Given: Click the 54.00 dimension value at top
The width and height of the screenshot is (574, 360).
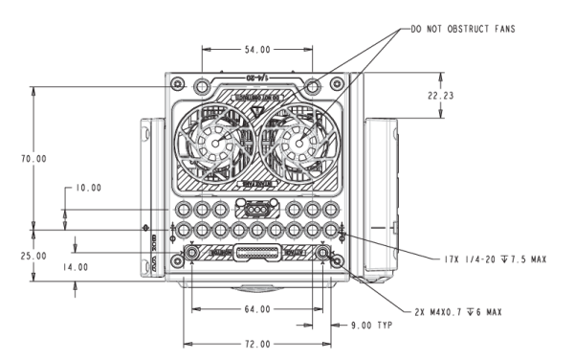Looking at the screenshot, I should (255, 49).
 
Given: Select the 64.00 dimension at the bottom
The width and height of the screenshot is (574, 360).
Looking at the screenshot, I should (256, 309).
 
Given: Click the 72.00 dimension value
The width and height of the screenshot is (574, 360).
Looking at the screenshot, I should (256, 344).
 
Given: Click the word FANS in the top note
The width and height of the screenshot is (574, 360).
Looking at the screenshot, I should (498, 30).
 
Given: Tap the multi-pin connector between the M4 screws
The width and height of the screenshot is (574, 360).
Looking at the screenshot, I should (256, 254).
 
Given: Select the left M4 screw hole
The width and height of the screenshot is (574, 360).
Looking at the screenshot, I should (192, 253).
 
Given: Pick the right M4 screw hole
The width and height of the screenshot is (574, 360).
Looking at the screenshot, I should (322, 253).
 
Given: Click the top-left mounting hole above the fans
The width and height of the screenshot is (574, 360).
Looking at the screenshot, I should (202, 85).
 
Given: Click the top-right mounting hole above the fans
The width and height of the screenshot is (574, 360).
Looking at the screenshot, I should (311, 85).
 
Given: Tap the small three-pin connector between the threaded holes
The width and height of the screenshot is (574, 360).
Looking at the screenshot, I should (256, 210).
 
